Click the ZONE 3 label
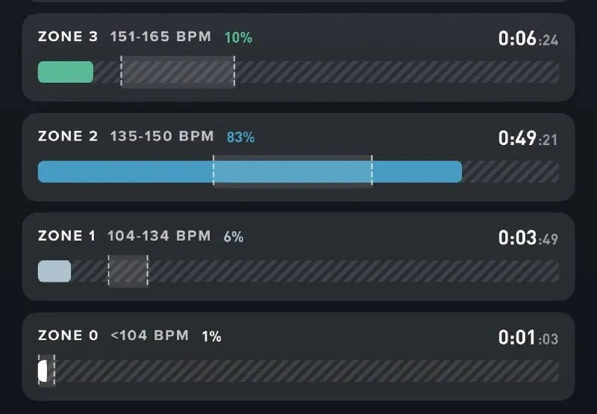(x=68, y=37)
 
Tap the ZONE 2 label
(x=68, y=136)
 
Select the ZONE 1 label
(x=66, y=235)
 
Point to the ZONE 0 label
(x=68, y=336)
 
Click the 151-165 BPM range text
(x=160, y=37)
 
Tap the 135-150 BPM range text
(x=162, y=136)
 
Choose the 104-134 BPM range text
(x=159, y=235)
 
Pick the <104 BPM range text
(x=150, y=336)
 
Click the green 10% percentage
(x=238, y=37)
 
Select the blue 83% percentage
(x=240, y=138)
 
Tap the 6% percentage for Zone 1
(x=234, y=237)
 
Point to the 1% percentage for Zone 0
(x=212, y=336)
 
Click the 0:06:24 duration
(x=528, y=39)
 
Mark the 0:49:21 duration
(x=528, y=138)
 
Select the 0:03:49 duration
(x=528, y=238)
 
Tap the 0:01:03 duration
(x=528, y=337)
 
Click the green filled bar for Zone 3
(x=66, y=72)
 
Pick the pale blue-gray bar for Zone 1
(x=54, y=271)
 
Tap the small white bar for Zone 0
(x=43, y=371)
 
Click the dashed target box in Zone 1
(x=128, y=271)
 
